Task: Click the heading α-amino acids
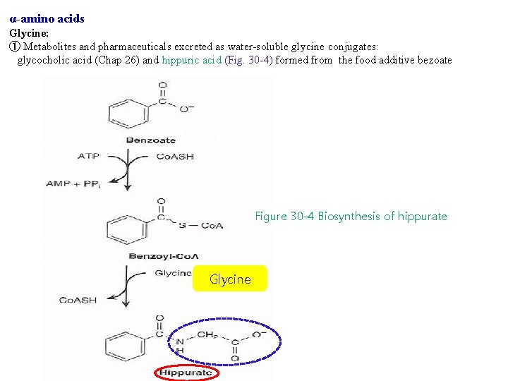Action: (x=47, y=19)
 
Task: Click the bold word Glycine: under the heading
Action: (x=29, y=32)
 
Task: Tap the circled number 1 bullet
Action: (x=14, y=47)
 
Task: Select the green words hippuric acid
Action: (x=191, y=60)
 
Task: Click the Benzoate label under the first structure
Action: (x=150, y=140)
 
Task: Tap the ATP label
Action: (x=88, y=156)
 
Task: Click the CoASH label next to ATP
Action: (x=174, y=156)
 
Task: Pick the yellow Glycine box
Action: (x=230, y=279)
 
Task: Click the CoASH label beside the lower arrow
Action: (x=78, y=300)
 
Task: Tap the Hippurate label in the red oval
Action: (x=186, y=372)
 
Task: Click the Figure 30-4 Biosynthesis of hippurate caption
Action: (x=351, y=216)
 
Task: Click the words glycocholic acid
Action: (x=52, y=60)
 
